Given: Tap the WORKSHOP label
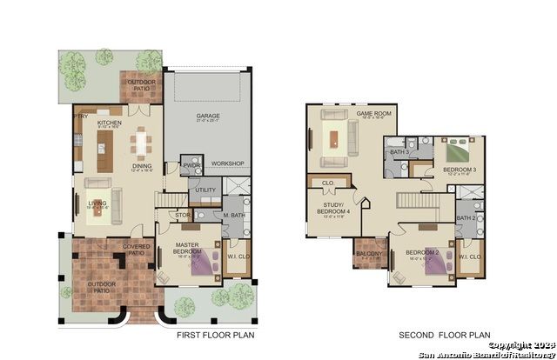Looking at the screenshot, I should click(226, 163).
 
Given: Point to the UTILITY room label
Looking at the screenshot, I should click(205, 189).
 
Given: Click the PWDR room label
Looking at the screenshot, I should click(190, 163).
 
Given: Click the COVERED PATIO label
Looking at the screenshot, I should click(137, 250).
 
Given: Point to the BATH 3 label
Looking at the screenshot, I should click(399, 152).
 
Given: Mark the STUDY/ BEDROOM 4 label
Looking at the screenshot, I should click(336, 209).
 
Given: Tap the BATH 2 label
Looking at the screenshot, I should click(466, 217).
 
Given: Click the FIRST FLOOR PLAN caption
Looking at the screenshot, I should click(214, 335).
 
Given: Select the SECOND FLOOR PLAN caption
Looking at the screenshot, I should click(444, 335).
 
